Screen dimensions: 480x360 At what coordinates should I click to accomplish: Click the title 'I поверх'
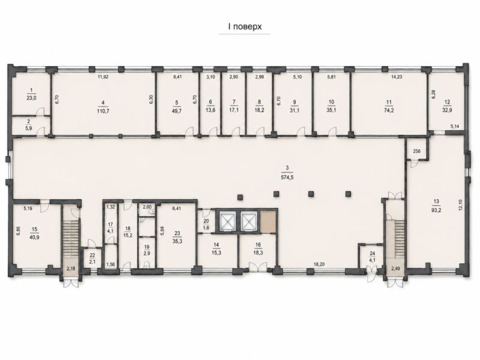pyautogui.click(x=244, y=26)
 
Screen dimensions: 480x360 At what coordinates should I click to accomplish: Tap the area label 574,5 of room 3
pyautogui.click(x=287, y=177)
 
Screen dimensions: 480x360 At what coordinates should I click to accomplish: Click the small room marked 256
pyautogui.click(x=416, y=151)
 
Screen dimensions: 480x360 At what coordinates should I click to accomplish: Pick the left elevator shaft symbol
pyautogui.click(x=227, y=220)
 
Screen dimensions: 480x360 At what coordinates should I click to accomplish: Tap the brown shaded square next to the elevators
pyautogui.click(x=268, y=220)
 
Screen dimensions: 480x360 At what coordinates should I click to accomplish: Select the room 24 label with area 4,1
pyautogui.click(x=372, y=256)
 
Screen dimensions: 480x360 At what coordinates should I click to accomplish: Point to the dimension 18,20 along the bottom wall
pyautogui.click(x=319, y=264)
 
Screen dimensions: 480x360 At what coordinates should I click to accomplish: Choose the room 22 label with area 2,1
pyautogui.click(x=92, y=257)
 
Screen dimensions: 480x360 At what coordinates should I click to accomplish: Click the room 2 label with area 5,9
pyautogui.click(x=29, y=126)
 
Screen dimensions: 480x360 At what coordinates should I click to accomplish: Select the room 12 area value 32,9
pyautogui.click(x=447, y=111)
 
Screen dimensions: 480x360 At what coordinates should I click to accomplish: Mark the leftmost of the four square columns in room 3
pyautogui.click(x=241, y=197)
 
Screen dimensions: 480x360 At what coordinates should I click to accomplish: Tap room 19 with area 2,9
pyautogui.click(x=147, y=251)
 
